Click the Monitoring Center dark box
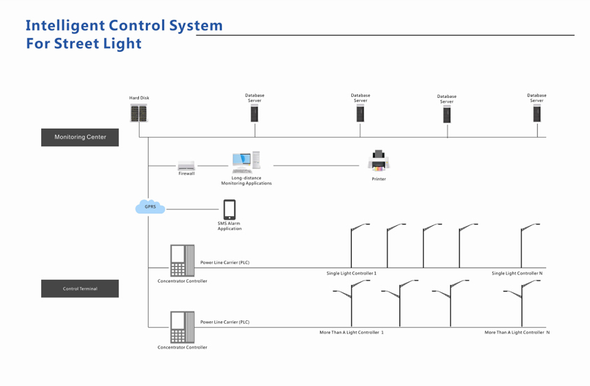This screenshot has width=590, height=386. (x=80, y=137)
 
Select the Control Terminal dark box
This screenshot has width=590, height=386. (x=80, y=289)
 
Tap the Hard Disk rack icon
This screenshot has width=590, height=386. (x=139, y=113)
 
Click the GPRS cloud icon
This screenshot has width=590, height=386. (x=150, y=207)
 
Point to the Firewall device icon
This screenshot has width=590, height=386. (x=186, y=166)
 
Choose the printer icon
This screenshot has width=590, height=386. (x=378, y=161)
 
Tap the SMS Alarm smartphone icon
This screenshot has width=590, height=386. (x=229, y=210)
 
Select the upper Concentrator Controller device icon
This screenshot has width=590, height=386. (x=182, y=261)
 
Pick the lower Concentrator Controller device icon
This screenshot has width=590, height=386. (x=182, y=327)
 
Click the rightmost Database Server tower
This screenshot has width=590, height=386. (x=537, y=114)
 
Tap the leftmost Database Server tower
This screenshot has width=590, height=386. (x=255, y=114)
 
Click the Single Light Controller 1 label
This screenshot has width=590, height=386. (x=351, y=273)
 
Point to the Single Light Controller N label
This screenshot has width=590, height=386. (x=517, y=273)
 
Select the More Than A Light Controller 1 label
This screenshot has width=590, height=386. (x=351, y=333)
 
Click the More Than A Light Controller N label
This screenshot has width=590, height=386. (x=517, y=333)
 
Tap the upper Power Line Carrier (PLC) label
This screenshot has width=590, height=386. (x=225, y=263)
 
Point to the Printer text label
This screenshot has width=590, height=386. (x=378, y=180)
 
